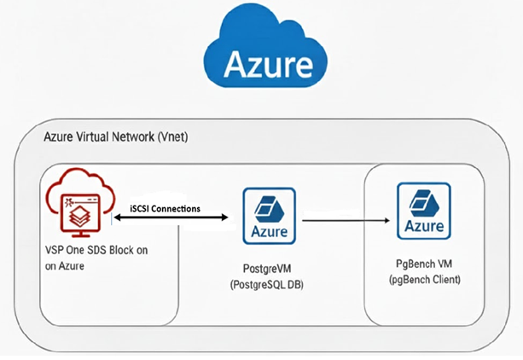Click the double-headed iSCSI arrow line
pyautogui.click(x=171, y=219)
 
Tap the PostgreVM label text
pyautogui.click(x=270, y=268)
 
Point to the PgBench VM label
pyautogui.click(x=424, y=264)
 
